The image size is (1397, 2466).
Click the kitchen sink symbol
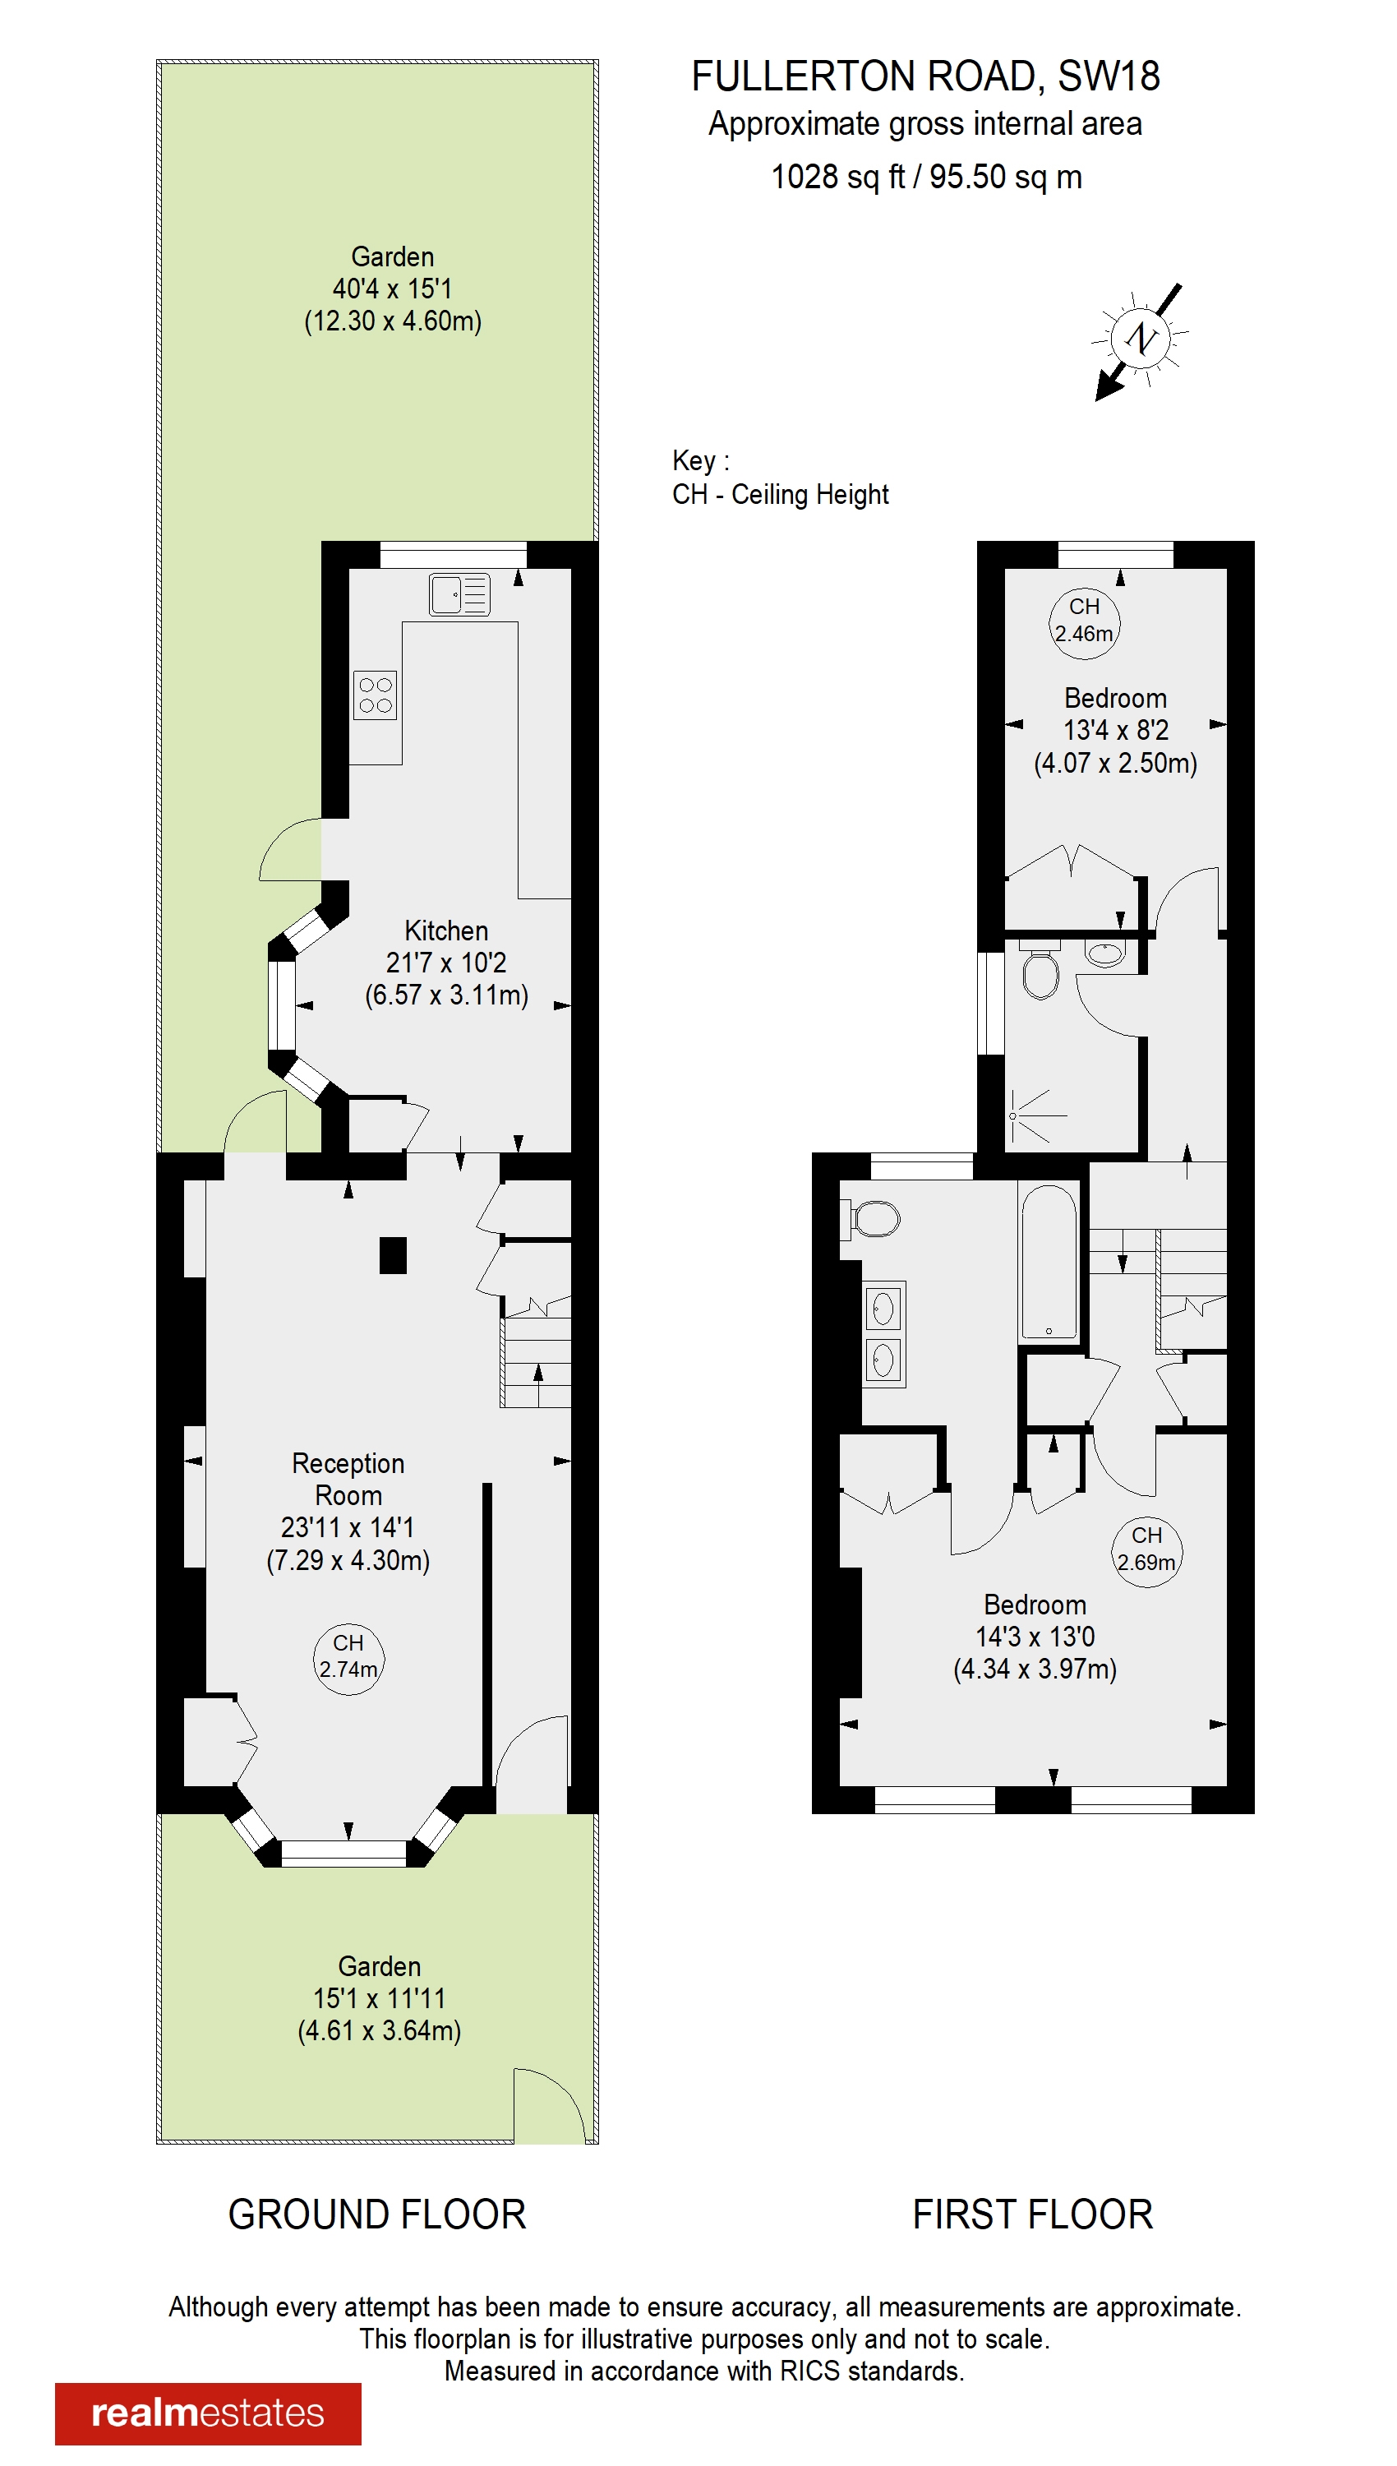coord(459,595)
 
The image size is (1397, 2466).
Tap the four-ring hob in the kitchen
coord(376,695)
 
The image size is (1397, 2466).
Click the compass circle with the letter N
coord(1141,338)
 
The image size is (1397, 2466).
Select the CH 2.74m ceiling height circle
coord(348,1659)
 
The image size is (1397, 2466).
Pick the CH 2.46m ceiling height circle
coord(1084,621)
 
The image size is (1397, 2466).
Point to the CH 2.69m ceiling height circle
coord(1146,1550)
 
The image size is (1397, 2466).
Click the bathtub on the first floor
coord(1049,1262)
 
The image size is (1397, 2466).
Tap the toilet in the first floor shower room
coord(1040,971)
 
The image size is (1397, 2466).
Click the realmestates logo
coord(208,2413)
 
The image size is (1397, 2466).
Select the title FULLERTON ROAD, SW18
coord(926,76)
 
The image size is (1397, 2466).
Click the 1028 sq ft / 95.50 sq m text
coord(926,178)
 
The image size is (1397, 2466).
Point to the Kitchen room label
coord(446,931)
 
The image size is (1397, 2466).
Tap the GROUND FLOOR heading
coord(377,2215)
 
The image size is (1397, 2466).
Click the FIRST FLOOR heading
coord(1032,2215)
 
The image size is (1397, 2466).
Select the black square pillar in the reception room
coord(393,1255)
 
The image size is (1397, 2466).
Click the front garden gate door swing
coord(548,2106)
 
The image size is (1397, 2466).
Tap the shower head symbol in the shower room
coord(1013,1116)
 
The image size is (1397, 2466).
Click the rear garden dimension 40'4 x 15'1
coord(393,289)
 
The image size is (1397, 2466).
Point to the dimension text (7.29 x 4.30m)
coord(348,1560)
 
